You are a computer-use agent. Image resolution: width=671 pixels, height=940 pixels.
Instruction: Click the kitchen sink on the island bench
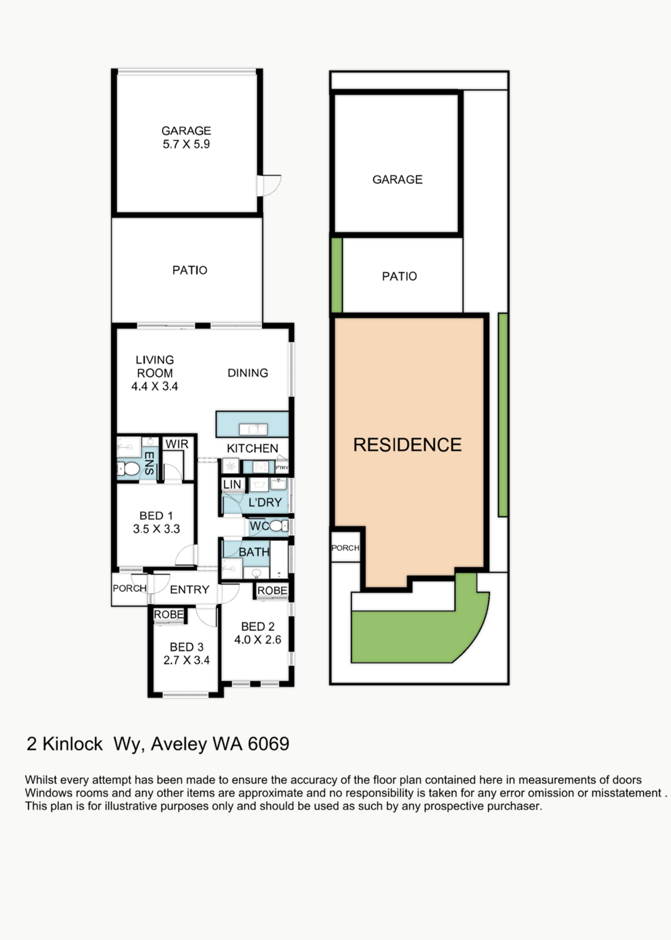(x=253, y=429)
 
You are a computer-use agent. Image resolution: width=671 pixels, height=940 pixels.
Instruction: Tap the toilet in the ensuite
(x=128, y=469)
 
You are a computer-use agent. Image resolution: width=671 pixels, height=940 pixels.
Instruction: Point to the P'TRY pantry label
(x=282, y=468)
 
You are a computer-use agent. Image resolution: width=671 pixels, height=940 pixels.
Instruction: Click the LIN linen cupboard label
(x=232, y=484)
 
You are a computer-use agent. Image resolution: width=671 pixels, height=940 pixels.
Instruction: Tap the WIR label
(x=177, y=444)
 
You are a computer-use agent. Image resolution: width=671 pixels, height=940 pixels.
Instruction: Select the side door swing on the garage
(x=270, y=186)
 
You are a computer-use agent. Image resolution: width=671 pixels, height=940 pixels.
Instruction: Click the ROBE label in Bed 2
(x=272, y=590)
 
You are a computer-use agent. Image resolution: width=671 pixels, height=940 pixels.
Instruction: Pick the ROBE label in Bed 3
(x=169, y=615)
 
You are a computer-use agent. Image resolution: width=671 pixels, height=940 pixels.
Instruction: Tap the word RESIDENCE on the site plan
(x=408, y=444)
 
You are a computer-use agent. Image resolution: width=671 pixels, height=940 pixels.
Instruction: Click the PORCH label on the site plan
(x=345, y=548)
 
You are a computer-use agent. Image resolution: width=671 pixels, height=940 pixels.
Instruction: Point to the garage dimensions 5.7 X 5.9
(x=186, y=144)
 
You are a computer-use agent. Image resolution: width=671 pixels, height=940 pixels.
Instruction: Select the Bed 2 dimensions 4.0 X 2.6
(x=258, y=640)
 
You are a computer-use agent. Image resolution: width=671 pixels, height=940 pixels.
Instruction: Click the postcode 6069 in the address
(x=268, y=744)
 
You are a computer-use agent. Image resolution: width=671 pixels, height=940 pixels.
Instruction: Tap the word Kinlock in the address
(x=72, y=744)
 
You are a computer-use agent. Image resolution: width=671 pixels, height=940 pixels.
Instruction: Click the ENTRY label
(x=190, y=590)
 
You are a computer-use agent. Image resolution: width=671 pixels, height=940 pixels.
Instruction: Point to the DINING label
(x=248, y=373)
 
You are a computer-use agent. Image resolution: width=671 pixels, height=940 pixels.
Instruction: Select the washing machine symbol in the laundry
(x=231, y=466)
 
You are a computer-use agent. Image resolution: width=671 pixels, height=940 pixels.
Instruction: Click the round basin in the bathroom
(x=256, y=573)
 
